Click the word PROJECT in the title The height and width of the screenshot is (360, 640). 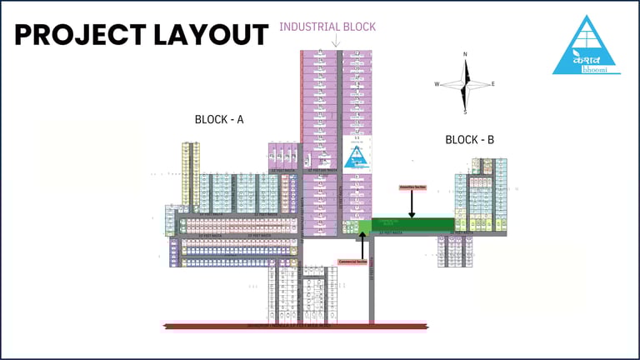click(x=78, y=35)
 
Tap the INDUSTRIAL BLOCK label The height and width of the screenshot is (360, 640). click(x=327, y=27)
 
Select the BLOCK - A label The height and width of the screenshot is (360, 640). click(x=219, y=119)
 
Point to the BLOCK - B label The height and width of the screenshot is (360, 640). click(x=469, y=140)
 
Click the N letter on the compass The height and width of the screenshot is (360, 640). click(x=465, y=55)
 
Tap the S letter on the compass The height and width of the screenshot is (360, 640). click(x=465, y=112)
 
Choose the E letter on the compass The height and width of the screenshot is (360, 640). click(x=492, y=83)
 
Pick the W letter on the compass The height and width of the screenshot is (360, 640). click(x=437, y=83)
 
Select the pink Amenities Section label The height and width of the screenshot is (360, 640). click(x=412, y=187)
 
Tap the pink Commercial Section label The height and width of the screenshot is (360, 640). click(x=353, y=261)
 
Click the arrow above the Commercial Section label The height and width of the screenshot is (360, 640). click(x=362, y=244)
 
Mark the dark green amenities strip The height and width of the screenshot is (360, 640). click(x=412, y=223)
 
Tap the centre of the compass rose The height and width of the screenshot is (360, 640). click(x=465, y=83)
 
